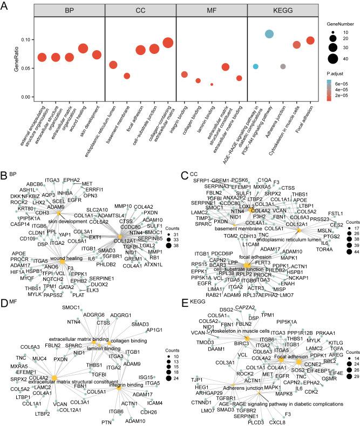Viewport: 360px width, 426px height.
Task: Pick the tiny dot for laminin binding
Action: [x=212, y=84]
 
